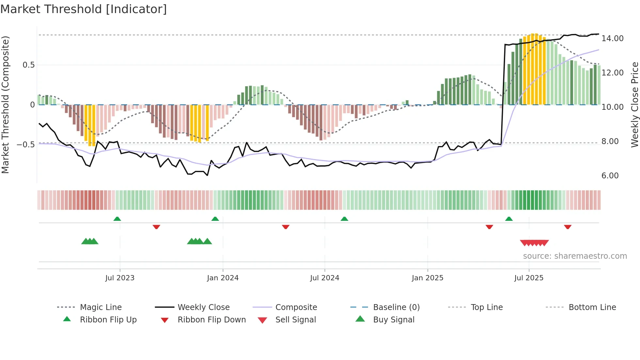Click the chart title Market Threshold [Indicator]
[84, 9]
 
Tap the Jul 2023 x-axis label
[120, 278]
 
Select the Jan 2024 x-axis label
[223, 278]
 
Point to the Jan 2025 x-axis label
[427, 278]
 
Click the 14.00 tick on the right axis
[612, 39]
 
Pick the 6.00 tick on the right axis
[610, 176]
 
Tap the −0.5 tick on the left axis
[26, 144]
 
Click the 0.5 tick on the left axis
[29, 65]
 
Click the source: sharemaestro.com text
[575, 256]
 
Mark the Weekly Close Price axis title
[634, 105]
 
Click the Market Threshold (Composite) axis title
[5, 105]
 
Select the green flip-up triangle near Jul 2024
[344, 219]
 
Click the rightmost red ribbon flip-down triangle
[568, 227]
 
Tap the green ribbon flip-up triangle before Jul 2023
[117, 219]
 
